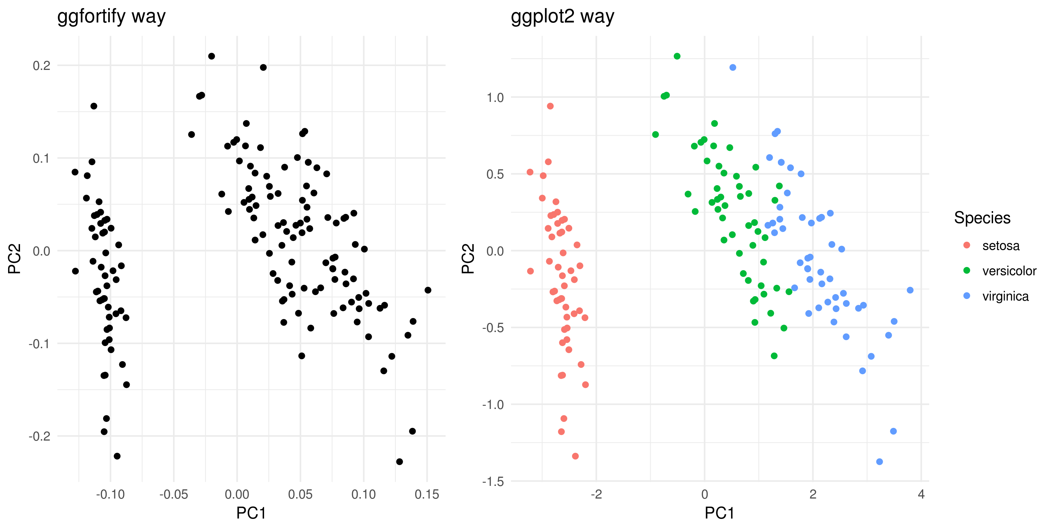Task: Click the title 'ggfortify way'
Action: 111,17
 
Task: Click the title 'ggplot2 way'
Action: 562,17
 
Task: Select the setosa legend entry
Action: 1000,246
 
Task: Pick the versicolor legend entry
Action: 1009,271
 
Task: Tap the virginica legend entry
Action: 1005,296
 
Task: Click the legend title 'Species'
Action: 982,218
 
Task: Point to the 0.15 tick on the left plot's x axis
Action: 427,494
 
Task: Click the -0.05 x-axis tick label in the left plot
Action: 173,494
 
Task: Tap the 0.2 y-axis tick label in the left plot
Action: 41,65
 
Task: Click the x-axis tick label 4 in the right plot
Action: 921,494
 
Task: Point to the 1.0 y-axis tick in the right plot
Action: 495,97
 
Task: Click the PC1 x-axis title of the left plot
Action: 251,513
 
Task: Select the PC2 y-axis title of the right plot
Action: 468,259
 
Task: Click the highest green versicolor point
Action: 677,56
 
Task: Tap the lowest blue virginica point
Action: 879,462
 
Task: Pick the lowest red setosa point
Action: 575,456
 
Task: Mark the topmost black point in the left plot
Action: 211,56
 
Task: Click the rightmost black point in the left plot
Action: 428,290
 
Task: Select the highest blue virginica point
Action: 733,67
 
